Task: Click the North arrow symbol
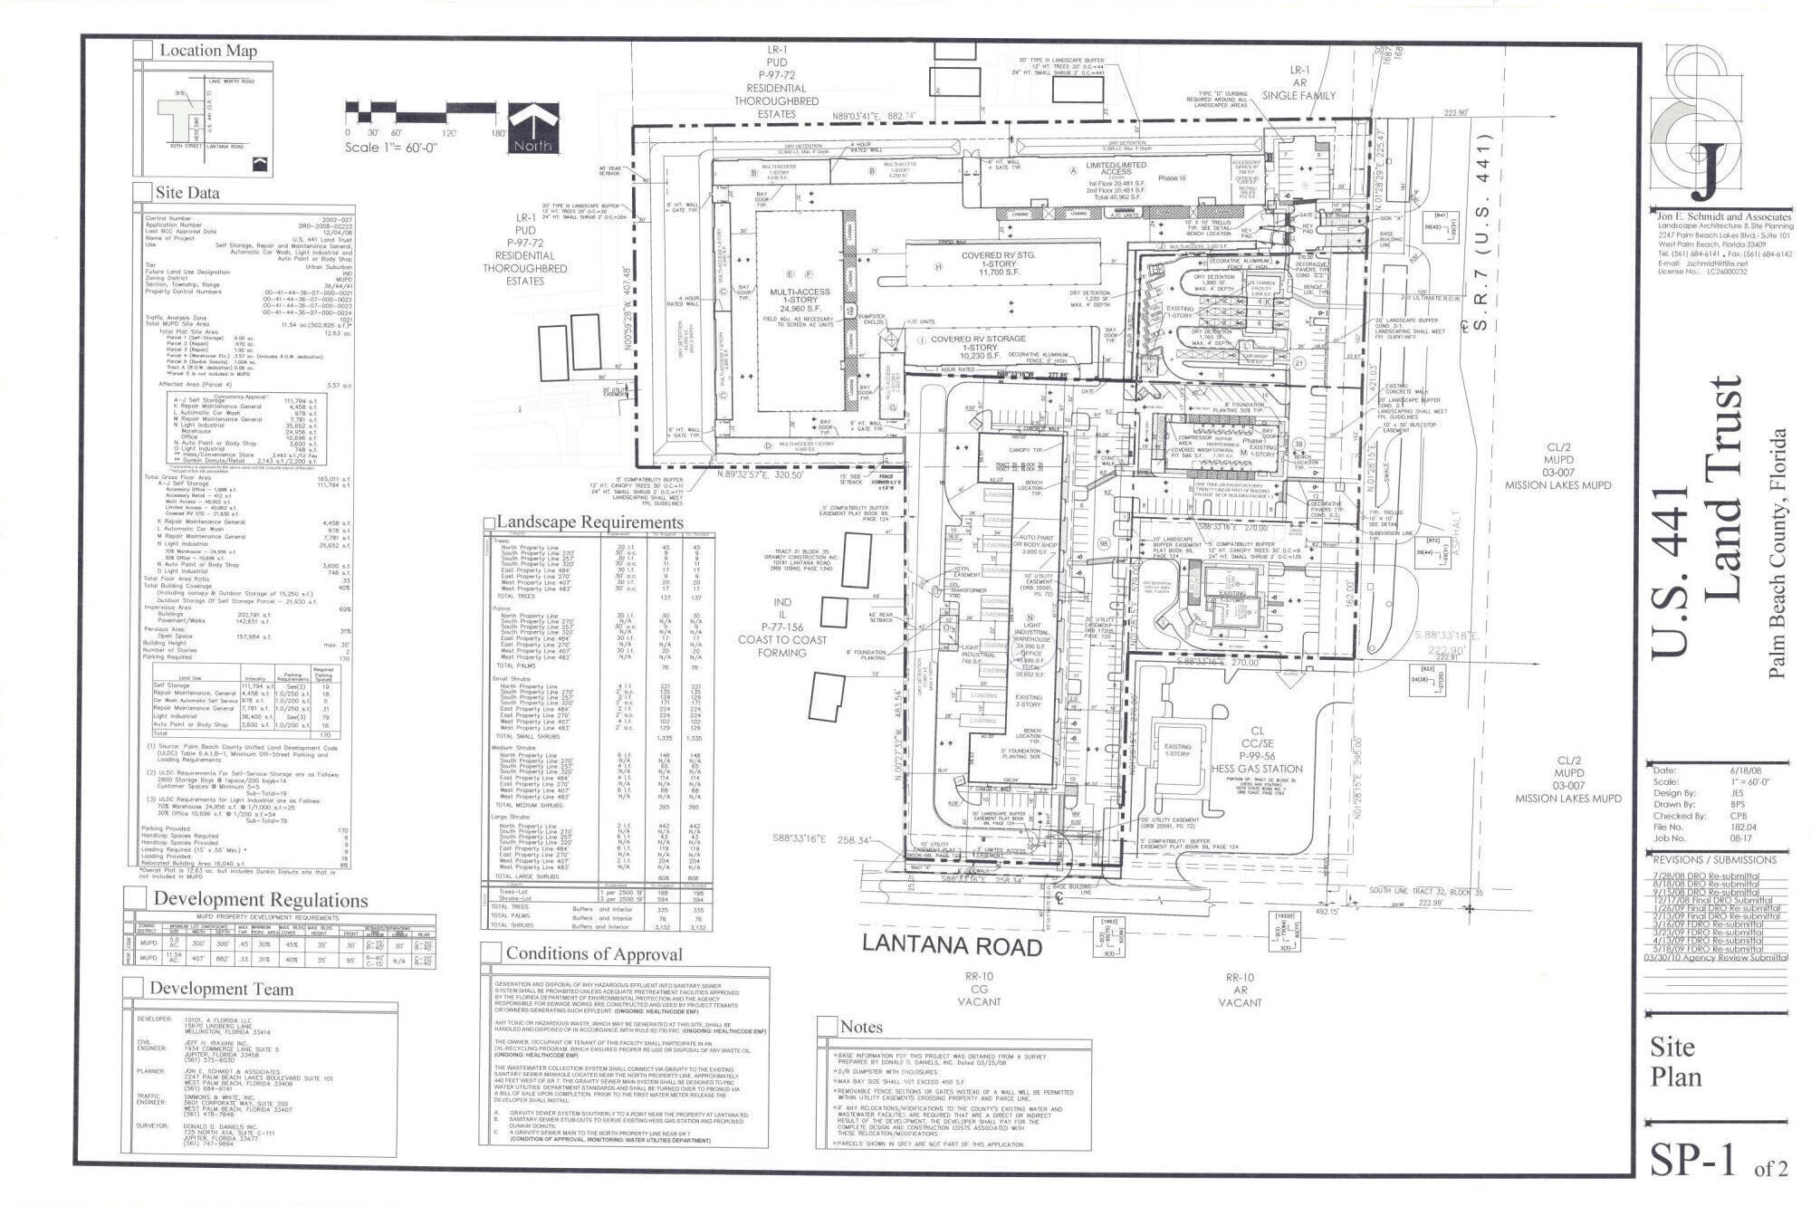click(x=532, y=128)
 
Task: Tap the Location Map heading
click(x=208, y=51)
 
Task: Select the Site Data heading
click(x=187, y=193)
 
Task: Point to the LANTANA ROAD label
click(x=951, y=945)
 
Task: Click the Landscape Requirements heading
click(x=589, y=522)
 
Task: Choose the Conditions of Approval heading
click(x=594, y=953)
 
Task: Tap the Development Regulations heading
click(x=260, y=900)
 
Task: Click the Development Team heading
click(x=221, y=989)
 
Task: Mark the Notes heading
click(x=860, y=1027)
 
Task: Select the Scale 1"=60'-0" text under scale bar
click(x=390, y=148)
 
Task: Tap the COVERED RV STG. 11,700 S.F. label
click(x=998, y=263)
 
